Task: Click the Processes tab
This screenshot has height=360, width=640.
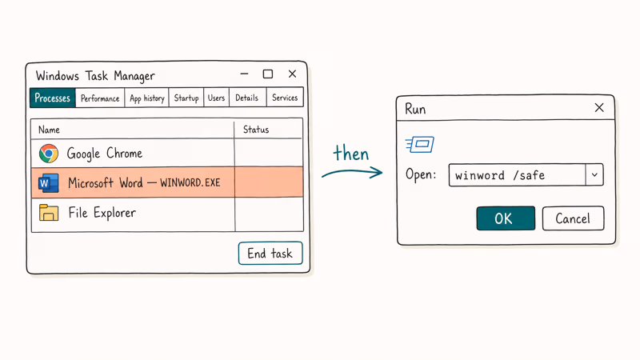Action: point(53,98)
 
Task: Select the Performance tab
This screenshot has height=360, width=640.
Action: point(100,98)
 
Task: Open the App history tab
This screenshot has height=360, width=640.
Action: point(147,98)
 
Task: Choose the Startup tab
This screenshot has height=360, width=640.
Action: point(186,98)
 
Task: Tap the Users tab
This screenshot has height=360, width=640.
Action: point(216,98)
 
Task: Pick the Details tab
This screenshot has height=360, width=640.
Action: point(247,98)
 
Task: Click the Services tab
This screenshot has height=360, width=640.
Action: point(285,98)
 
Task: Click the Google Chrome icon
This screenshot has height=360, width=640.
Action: point(49,154)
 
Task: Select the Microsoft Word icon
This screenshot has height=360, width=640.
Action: point(49,183)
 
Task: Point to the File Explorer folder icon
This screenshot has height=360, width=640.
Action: point(49,213)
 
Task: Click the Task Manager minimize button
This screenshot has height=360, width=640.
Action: point(244,74)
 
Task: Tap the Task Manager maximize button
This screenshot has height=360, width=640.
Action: point(268,74)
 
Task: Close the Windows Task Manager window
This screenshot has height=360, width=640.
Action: point(292,74)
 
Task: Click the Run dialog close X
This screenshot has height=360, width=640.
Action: point(599,108)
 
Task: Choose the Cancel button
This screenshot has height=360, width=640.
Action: point(573,218)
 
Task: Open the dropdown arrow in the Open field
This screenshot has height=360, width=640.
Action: point(594,175)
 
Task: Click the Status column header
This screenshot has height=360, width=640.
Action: point(256,130)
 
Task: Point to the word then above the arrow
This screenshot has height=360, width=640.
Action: point(351,153)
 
